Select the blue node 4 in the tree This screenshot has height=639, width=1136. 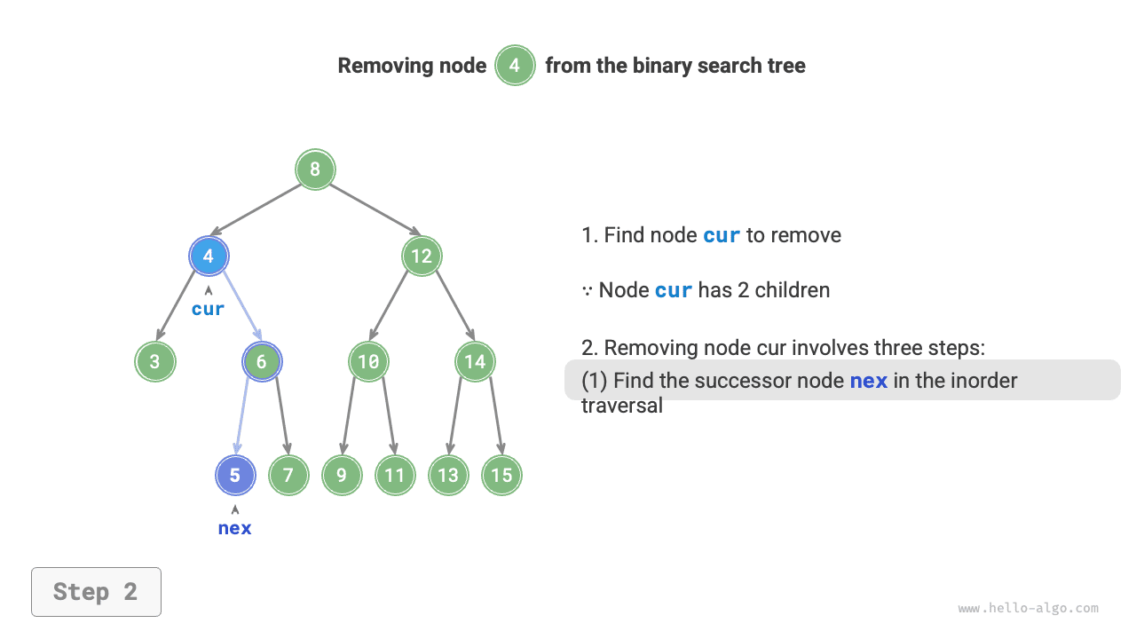point(209,256)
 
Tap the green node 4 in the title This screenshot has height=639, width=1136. point(515,66)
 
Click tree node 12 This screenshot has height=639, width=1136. point(422,256)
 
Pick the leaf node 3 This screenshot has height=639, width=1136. point(155,361)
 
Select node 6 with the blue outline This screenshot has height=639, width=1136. point(262,361)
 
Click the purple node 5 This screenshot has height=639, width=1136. point(235,475)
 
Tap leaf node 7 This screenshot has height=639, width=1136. point(288,475)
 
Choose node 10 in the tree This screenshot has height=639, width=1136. point(368,361)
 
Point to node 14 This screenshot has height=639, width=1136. point(475,361)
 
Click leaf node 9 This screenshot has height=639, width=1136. point(342,475)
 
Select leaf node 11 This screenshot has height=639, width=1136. point(395,475)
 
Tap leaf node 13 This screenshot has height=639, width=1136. point(448,475)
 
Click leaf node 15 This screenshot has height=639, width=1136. point(501,475)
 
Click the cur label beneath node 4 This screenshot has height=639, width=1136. point(209,309)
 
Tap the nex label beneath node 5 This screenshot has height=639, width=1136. point(235,528)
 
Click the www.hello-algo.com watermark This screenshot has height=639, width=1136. point(1028,609)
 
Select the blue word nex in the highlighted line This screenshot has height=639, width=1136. point(869,381)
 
